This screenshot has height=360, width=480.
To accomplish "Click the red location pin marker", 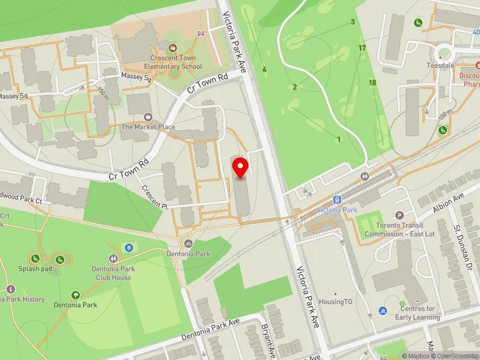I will (x=241, y=169).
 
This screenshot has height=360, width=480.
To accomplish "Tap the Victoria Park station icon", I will (x=337, y=200).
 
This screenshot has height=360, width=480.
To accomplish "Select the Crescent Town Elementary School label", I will (x=173, y=62).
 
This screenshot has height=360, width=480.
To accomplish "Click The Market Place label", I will (x=148, y=127).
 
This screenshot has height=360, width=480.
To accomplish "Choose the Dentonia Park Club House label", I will (x=113, y=273).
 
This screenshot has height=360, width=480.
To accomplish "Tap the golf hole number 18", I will (x=373, y=82).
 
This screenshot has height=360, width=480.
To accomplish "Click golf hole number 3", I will (x=353, y=22).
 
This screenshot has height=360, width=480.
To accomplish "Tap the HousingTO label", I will (x=335, y=302).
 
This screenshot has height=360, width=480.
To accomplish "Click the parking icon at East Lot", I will (x=400, y=215).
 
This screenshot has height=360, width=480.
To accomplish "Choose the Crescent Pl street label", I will (x=155, y=196).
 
